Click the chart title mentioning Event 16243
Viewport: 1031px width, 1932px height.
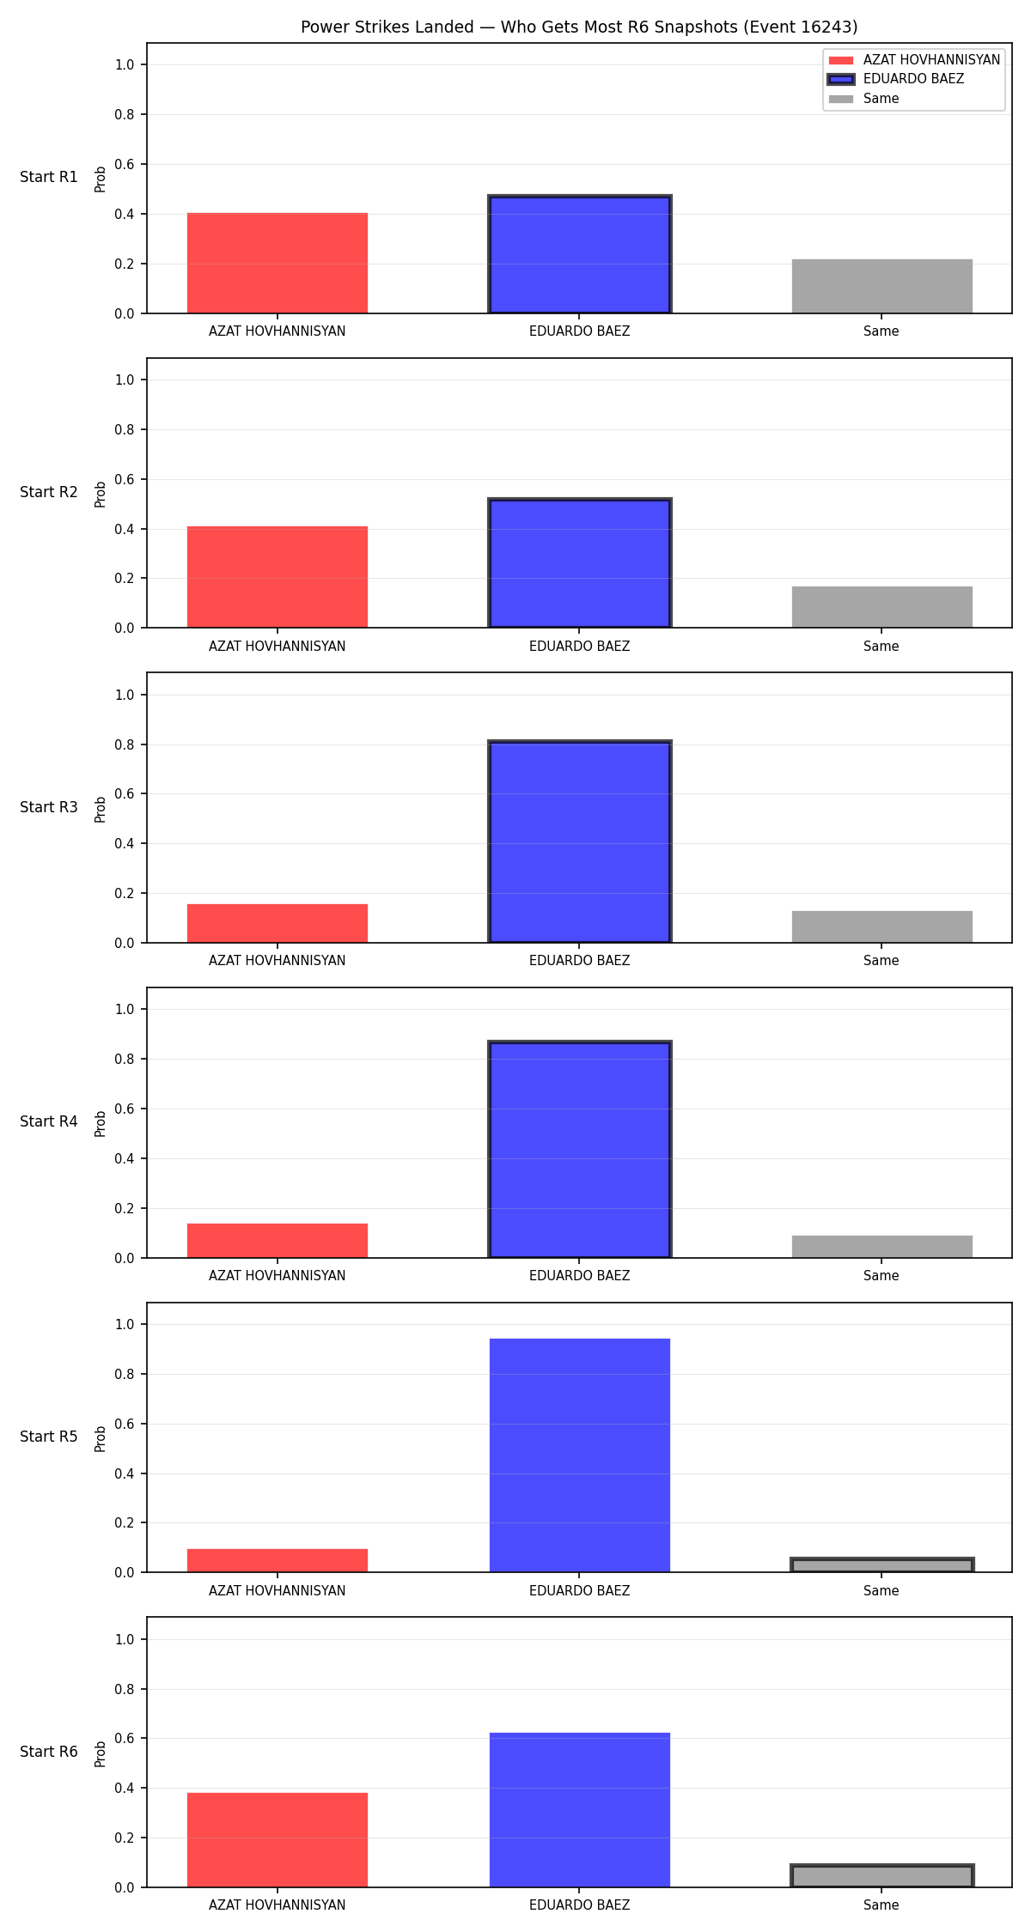click(x=579, y=27)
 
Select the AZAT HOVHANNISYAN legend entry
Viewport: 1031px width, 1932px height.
click(x=914, y=59)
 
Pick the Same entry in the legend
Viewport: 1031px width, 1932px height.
click(x=863, y=99)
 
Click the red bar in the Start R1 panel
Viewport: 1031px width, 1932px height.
click(x=278, y=263)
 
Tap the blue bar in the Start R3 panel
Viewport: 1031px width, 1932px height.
click(x=580, y=841)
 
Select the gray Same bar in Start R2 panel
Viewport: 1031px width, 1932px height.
click(x=882, y=607)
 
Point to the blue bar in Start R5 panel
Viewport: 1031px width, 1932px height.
click(x=580, y=1455)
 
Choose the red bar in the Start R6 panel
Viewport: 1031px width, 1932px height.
click(x=278, y=1840)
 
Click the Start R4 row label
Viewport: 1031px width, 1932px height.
click(x=49, y=1121)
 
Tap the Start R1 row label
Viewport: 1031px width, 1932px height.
click(x=49, y=177)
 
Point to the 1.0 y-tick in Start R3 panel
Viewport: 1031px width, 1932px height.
click(x=125, y=695)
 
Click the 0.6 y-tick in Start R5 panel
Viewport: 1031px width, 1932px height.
click(x=125, y=1424)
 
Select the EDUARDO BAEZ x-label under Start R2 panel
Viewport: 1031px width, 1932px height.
click(x=580, y=646)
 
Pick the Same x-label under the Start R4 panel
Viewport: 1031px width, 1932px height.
click(x=882, y=1275)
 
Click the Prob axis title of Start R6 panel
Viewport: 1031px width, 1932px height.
click(x=101, y=1753)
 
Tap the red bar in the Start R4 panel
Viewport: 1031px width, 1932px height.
click(x=278, y=1241)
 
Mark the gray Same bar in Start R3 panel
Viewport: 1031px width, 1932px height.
click(x=882, y=927)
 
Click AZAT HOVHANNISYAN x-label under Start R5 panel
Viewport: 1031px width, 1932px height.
click(x=278, y=1590)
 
